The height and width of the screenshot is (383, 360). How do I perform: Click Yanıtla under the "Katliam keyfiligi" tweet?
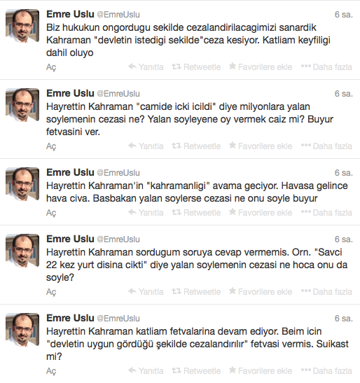click(x=146, y=67)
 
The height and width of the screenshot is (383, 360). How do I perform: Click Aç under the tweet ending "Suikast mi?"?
click(x=50, y=371)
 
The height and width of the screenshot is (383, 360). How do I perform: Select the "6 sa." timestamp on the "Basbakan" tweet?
click(x=343, y=172)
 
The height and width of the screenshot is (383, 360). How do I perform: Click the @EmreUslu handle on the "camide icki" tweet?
click(x=118, y=93)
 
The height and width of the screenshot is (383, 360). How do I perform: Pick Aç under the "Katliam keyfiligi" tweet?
click(x=50, y=68)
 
